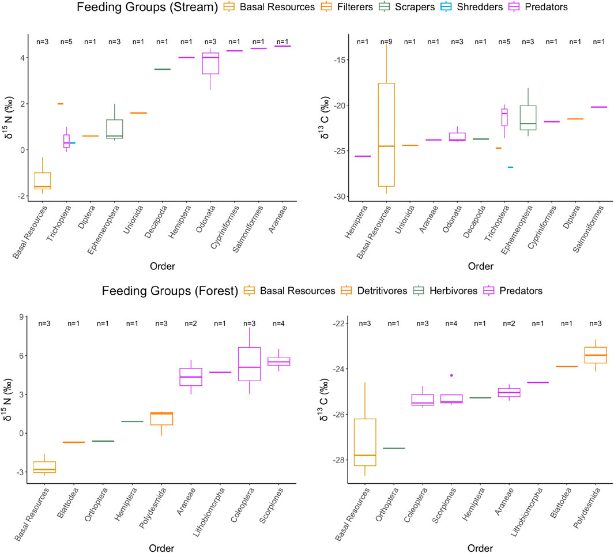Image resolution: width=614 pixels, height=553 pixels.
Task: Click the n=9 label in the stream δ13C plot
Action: click(386, 41)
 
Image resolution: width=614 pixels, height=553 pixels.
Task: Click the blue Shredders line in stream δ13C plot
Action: click(510, 167)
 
